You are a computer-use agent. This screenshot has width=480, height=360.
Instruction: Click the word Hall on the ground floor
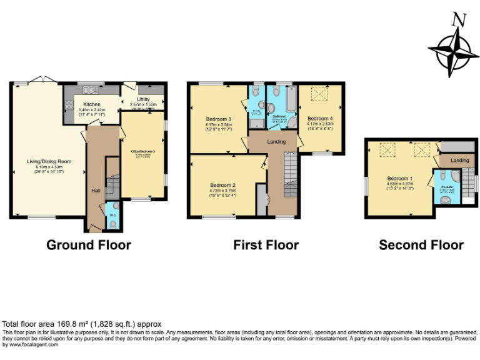coord(96,191)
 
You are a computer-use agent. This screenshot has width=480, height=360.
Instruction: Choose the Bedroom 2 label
coord(222,185)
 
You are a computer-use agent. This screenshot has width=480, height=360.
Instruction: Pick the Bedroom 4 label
coord(319,118)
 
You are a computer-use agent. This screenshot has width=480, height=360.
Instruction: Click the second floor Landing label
coord(460,161)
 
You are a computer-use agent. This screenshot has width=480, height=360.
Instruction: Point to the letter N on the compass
coord(459,20)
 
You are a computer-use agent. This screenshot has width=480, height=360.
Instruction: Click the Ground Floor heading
coord(89,245)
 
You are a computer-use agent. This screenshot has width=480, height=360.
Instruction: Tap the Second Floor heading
coord(421,245)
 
